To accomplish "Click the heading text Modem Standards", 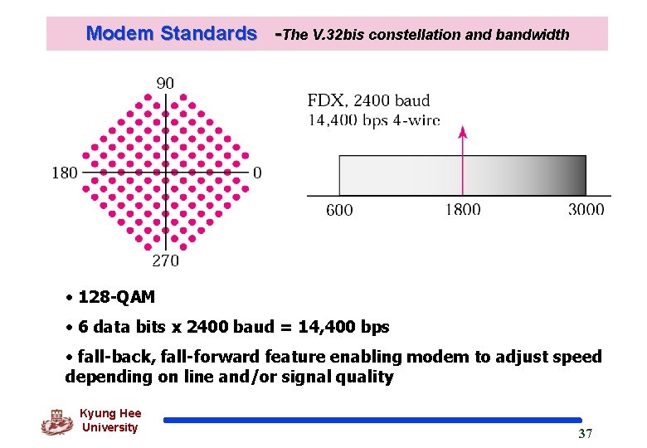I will click(171, 34).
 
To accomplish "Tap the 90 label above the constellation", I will click(165, 84).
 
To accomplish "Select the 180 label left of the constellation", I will click(65, 173).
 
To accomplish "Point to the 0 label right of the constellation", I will click(257, 173).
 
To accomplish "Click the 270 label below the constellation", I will click(164, 261).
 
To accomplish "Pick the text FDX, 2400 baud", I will click(368, 101).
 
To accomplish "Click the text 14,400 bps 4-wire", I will click(373, 119).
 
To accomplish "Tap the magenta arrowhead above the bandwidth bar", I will click(463, 133).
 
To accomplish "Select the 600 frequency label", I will click(339, 210).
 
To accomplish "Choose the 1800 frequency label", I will click(463, 210).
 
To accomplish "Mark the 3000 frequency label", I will click(586, 210).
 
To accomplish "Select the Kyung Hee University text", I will click(110, 421).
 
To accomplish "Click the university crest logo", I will click(57, 422).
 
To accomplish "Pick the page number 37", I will click(585, 434).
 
